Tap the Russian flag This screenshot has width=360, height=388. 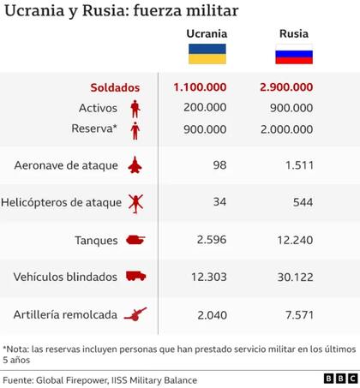tap(292, 54)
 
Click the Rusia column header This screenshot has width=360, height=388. tap(292, 34)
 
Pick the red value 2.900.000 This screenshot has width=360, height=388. tap(291, 87)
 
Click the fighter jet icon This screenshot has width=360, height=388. tap(135, 164)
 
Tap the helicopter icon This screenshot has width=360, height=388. tap(135, 202)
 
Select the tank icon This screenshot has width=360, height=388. tap(135, 241)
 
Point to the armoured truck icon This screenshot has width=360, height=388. tap(135, 278)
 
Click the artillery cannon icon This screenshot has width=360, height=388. tap(135, 315)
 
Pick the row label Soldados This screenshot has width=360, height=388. tap(115, 87)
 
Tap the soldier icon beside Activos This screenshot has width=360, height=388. tap(135, 109)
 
